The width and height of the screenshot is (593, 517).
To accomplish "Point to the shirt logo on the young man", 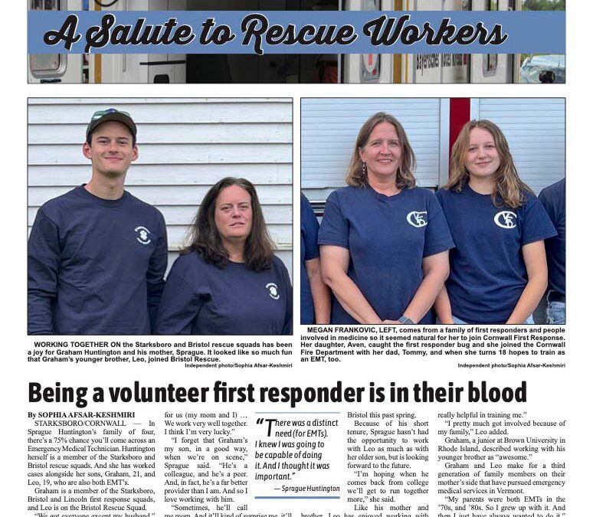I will [143, 235].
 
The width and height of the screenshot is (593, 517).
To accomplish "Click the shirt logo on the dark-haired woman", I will [272, 290].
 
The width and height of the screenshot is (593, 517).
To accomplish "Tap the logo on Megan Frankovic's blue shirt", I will [417, 219].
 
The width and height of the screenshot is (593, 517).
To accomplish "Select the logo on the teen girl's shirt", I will [506, 220].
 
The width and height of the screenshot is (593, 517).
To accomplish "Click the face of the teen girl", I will [483, 153].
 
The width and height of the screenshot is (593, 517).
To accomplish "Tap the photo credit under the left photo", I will [238, 365].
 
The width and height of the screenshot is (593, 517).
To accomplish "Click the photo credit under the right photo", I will [511, 365].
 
